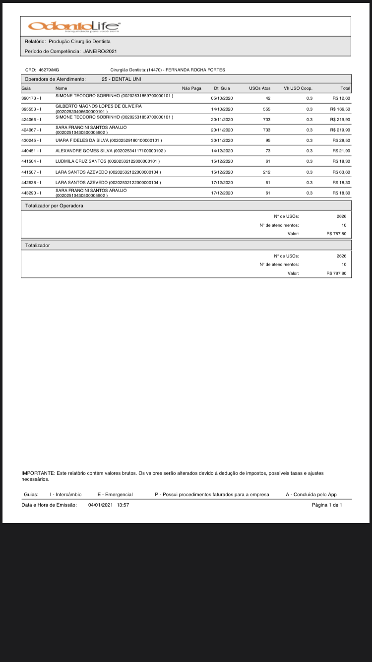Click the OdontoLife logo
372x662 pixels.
point(74,26)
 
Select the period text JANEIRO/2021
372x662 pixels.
point(100,51)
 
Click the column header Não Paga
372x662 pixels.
point(191,88)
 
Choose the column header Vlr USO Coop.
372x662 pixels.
point(298,88)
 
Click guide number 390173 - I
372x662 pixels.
point(31,98)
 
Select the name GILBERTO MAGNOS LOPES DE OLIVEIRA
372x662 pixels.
point(98,106)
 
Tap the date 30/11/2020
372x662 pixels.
point(222,140)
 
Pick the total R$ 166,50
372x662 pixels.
point(340,109)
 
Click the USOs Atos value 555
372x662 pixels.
point(267,109)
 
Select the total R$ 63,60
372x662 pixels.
point(341,172)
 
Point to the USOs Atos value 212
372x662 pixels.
point(267,172)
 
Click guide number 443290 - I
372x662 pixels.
point(31,193)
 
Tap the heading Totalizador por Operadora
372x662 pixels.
point(54,205)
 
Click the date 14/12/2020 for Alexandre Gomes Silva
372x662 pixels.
point(222,151)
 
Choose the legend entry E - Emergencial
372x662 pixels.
point(115,495)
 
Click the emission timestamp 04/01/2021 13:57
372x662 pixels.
point(109,505)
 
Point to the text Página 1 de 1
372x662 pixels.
point(327,505)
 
